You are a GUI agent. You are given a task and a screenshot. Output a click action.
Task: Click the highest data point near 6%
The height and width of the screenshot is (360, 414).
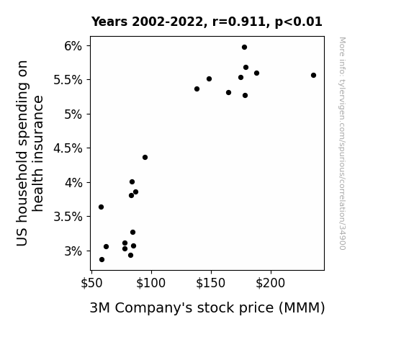pos(244,48)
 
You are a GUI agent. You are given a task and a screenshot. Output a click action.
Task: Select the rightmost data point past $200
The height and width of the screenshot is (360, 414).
pos(313,76)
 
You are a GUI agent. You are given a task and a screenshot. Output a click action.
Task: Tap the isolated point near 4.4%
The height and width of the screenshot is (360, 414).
pos(145,158)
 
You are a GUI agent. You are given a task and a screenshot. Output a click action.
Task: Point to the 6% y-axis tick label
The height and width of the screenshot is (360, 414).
pos(73,46)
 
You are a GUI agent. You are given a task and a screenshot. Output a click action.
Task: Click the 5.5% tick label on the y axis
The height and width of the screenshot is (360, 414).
pos(68,80)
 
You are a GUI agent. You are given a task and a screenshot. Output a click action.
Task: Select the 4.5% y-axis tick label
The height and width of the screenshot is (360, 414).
pos(68,148)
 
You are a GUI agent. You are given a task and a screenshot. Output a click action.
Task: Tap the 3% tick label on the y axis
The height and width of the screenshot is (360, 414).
pos(73,251)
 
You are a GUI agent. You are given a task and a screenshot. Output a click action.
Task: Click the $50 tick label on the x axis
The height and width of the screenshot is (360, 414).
pos(91,283)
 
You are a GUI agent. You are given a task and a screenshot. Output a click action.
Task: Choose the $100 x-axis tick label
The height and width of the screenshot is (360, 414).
pos(150,283)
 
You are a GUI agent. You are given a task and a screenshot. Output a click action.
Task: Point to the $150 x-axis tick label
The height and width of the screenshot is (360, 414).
pos(211,283)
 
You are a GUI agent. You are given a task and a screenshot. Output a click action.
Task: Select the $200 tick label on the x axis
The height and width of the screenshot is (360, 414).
pos(271,283)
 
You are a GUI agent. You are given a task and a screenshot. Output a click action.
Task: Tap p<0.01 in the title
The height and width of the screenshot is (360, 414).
pos(299,22)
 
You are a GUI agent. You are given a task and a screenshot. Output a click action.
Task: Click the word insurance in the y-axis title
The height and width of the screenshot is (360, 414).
pos(37,153)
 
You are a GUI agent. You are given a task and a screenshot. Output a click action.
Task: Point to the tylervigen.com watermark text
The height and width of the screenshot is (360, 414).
pos(343,143)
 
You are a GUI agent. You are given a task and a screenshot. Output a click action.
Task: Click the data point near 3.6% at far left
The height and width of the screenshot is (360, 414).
pos(101,207)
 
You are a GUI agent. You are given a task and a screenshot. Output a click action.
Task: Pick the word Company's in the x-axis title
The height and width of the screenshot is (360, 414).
pos(153,308)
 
